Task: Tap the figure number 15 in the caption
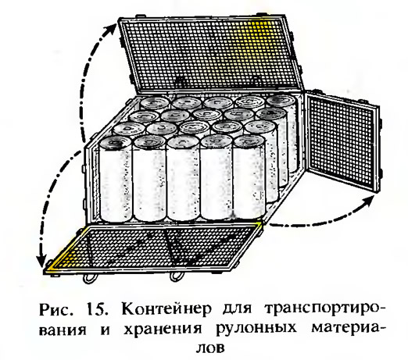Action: click(97, 309)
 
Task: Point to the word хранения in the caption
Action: click(163, 329)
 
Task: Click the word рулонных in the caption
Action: click(256, 329)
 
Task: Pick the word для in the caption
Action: click(235, 310)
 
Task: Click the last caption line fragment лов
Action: click(209, 348)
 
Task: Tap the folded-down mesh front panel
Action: click(154, 249)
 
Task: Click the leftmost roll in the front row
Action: click(115, 180)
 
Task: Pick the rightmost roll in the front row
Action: click(249, 177)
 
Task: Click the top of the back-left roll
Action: click(154, 102)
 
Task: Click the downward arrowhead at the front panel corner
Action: click(41, 260)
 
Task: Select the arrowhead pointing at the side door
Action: click(370, 200)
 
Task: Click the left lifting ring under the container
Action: click(89, 279)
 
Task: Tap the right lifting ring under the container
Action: click(177, 277)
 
